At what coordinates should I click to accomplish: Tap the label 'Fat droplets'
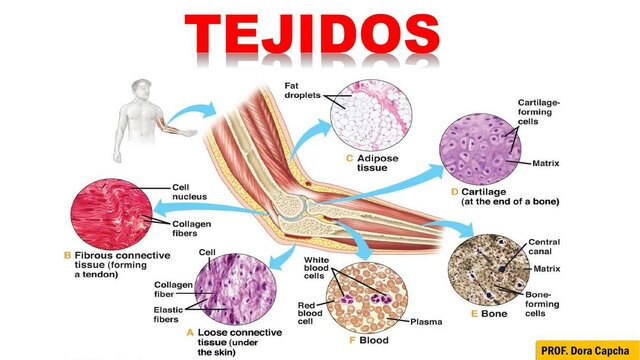(301, 93)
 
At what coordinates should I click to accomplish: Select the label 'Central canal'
(550, 246)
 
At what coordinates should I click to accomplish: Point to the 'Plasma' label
(429, 321)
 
